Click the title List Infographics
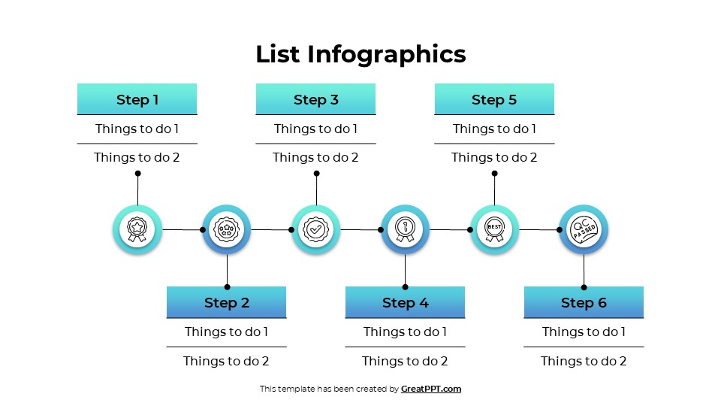coord(360,54)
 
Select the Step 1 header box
coord(137,99)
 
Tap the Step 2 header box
coord(226,302)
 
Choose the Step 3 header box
coord(315,99)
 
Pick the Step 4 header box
coord(405,302)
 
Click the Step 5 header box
coord(494,99)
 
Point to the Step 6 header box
coord(584,302)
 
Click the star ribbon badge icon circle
coord(137,229)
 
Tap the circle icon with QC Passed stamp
coord(584,229)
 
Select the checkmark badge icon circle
coord(315,229)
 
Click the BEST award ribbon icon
coord(494,229)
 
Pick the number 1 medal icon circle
coord(405,229)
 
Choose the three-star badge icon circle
coord(226,229)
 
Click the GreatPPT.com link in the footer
coord(431,389)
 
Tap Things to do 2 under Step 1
coord(137,158)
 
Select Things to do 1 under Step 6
coord(584,332)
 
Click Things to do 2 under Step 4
coord(405,361)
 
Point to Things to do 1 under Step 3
coord(315,129)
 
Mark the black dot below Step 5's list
coord(494,174)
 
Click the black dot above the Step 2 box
coord(227,286)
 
